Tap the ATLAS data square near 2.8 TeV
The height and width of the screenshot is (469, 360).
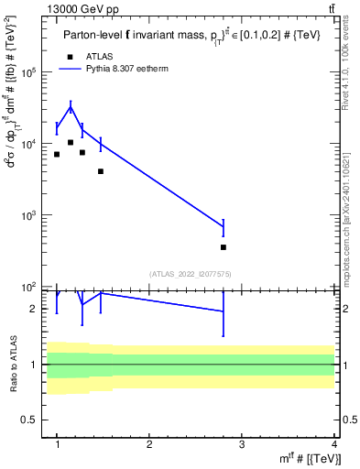tap(224, 247)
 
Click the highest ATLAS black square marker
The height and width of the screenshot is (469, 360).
tap(71, 142)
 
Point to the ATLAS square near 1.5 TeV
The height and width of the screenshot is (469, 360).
tap(101, 171)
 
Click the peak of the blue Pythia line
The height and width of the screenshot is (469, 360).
tap(71, 107)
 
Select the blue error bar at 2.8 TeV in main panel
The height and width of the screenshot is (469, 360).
tap(224, 227)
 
